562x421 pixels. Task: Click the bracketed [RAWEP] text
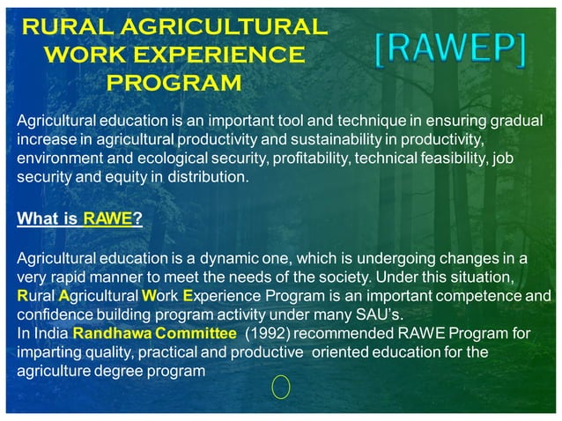450,53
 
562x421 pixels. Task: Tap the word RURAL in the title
63,26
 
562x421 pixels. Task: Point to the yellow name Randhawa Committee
154,334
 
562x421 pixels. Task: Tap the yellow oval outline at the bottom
281,387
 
